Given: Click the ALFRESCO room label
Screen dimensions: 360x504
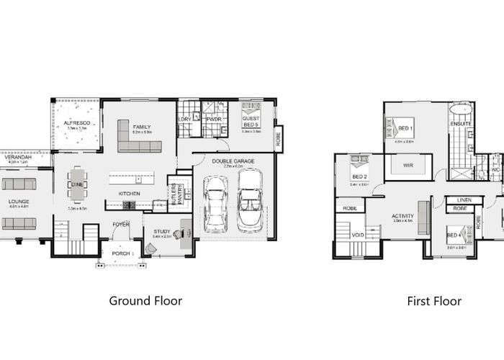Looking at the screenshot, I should click(76, 123).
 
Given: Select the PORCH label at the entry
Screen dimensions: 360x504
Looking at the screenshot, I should click(120, 253).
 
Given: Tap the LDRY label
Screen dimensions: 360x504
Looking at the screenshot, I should click(184, 118).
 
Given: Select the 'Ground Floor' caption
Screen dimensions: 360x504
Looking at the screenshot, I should click(145, 301).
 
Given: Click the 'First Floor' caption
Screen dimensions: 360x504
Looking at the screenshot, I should click(433, 301).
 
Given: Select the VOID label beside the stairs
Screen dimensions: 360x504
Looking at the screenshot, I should click(357, 235).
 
